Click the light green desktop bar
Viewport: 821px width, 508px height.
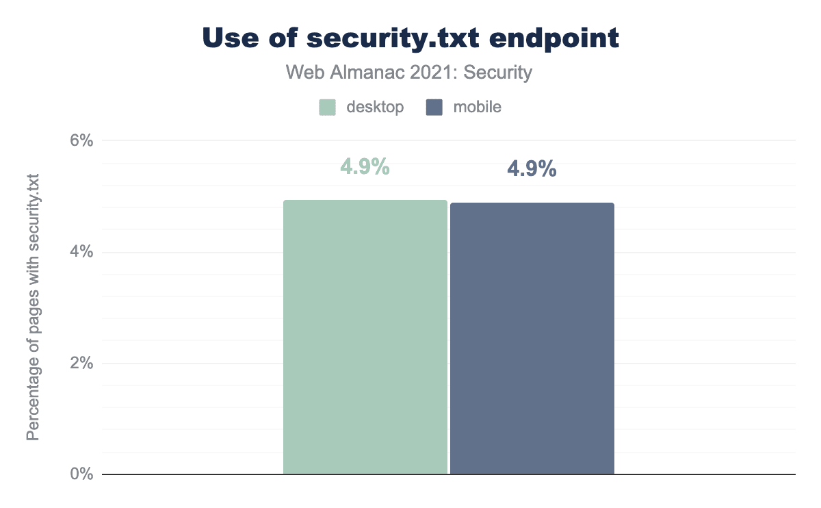tap(365, 337)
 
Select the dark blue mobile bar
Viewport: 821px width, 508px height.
tap(532, 338)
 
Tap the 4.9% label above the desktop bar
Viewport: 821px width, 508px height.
tap(365, 166)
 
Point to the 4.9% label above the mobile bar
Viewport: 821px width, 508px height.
tap(532, 169)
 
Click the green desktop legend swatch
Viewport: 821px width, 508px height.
tap(327, 107)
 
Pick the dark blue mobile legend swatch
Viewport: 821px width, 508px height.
tap(434, 107)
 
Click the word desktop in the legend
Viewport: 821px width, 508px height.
tap(374, 107)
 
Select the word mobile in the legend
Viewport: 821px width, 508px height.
tap(477, 107)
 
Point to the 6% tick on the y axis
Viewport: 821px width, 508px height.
tap(81, 141)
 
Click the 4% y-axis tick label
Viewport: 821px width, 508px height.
tap(81, 252)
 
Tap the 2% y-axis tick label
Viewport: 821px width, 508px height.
tap(81, 363)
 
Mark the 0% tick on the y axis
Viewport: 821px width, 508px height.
tap(81, 474)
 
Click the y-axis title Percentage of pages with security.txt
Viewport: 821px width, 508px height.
tap(33, 308)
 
